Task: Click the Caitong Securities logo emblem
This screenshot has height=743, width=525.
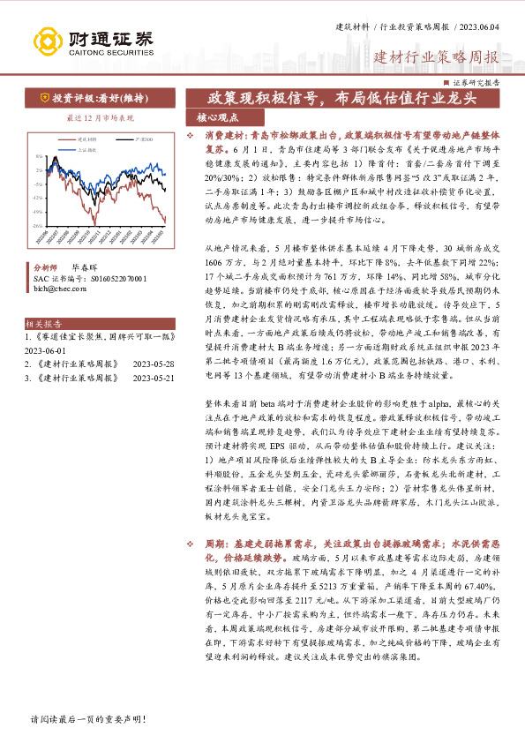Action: (45, 41)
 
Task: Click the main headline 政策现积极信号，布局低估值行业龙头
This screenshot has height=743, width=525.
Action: (341, 97)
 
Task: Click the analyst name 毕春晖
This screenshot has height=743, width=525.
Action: (86, 266)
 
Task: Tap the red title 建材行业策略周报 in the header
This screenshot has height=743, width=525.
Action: (436, 58)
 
